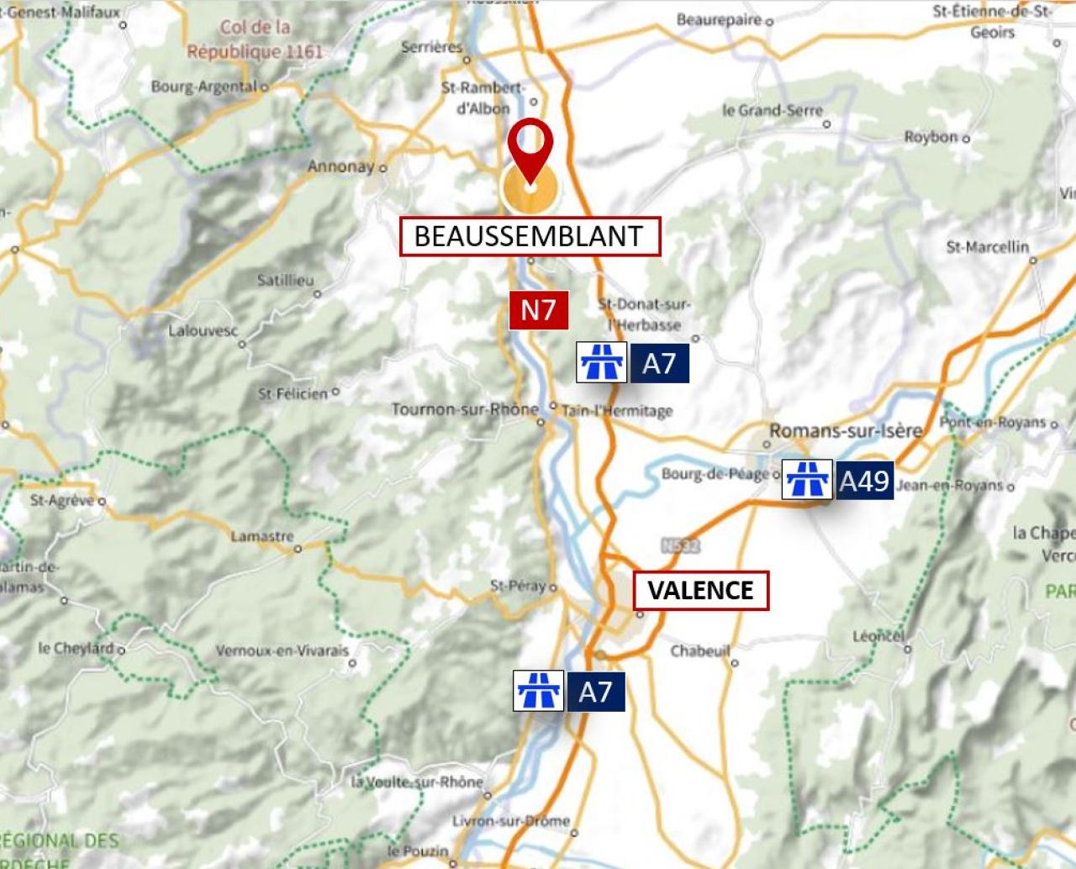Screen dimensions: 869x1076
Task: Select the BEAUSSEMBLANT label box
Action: (530, 236)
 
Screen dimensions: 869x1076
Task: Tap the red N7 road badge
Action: (538, 310)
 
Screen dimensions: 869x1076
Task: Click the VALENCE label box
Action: (700, 590)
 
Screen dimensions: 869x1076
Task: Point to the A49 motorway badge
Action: (864, 481)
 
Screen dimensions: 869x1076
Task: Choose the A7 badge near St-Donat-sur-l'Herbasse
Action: (659, 363)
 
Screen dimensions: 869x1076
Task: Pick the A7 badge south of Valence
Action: (595, 692)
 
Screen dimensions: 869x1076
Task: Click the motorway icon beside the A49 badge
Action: (807, 480)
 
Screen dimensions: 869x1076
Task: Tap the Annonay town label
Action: (340, 166)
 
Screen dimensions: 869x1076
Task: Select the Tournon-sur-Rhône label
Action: (464, 409)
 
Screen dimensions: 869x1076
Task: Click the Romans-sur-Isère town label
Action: (846, 431)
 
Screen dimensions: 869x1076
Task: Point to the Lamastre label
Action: (262, 536)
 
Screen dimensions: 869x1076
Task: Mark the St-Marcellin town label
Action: (987, 247)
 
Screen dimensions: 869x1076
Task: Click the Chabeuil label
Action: (700, 650)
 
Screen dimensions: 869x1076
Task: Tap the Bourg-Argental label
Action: (204, 87)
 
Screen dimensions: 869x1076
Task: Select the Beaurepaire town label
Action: (719, 19)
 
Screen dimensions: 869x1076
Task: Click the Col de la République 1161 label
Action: (255, 39)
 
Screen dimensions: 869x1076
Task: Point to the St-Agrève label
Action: (62, 500)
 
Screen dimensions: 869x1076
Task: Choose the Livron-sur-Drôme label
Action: (511, 820)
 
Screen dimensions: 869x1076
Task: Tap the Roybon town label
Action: (931, 137)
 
